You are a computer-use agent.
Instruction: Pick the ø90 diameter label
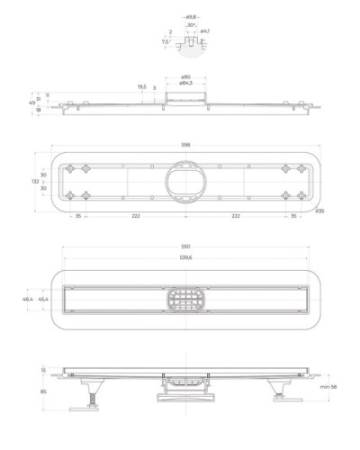[184, 76]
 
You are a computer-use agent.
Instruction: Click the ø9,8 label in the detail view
[192, 16]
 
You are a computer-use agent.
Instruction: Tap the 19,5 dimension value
[142, 86]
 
